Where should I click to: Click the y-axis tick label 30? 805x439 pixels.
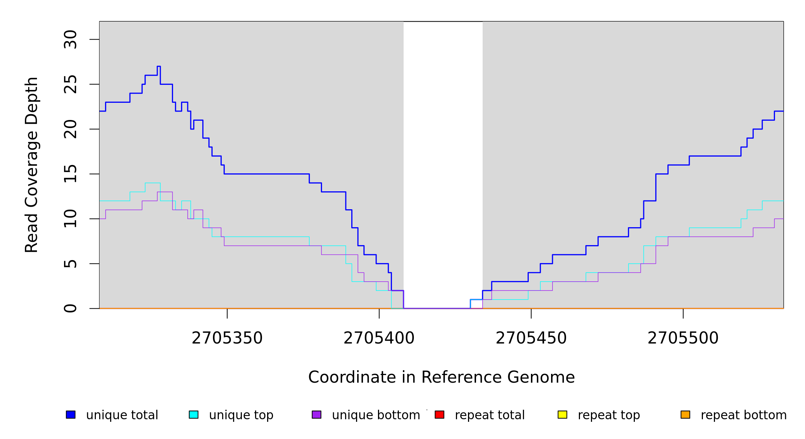click(70, 40)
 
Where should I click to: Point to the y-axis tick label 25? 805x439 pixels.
click(70, 84)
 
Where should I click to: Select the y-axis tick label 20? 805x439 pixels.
click(70, 129)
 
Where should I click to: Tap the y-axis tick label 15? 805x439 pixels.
click(70, 174)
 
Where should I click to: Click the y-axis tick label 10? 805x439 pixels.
click(70, 219)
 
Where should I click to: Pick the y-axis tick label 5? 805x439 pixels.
click(70, 264)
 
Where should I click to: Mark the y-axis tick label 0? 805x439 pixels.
click(70, 308)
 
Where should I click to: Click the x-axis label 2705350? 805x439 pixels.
click(227, 338)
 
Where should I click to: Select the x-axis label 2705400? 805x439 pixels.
click(379, 338)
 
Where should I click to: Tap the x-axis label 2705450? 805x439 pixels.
click(531, 338)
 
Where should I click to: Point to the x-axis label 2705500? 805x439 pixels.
click(683, 338)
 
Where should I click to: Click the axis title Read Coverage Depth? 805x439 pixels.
click(31, 165)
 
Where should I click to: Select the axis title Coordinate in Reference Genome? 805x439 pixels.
click(441, 377)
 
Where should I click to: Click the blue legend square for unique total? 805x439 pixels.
click(71, 414)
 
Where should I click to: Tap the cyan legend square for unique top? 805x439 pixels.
click(194, 414)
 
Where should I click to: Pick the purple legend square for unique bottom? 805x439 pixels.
click(317, 414)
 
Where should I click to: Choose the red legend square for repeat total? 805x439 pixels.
click(439, 414)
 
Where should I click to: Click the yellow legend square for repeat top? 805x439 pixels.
click(562, 414)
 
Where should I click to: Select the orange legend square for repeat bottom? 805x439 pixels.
click(685, 414)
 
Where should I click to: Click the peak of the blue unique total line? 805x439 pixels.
click(159, 67)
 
